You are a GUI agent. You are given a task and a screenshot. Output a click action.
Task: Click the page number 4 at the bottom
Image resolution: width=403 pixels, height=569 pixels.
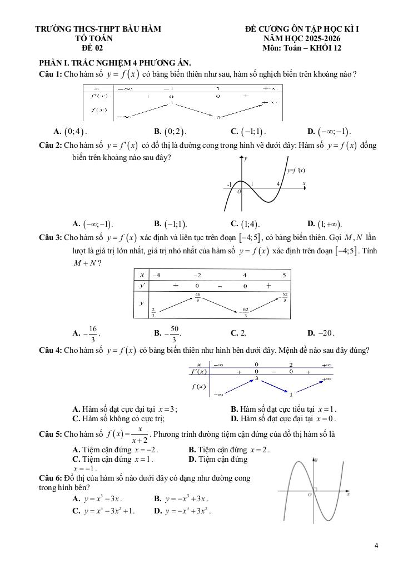pos(376,545)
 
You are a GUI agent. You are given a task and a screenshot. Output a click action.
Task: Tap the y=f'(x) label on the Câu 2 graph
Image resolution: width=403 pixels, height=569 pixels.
pos(296,171)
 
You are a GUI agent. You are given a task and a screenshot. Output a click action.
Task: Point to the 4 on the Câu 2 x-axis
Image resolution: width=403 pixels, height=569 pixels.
pos(277,183)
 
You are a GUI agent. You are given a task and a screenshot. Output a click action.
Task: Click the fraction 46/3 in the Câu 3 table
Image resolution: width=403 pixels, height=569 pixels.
pos(197,297)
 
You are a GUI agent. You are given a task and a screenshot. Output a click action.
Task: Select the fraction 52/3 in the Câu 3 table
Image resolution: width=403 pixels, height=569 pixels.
pos(285,297)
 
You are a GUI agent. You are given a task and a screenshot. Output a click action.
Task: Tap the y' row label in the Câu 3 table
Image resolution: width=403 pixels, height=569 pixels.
pos(142,286)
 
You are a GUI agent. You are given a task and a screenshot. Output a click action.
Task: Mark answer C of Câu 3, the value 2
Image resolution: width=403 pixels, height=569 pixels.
pos(239,333)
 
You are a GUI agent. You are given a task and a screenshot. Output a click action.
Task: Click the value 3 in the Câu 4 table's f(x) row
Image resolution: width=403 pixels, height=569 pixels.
pos(257,378)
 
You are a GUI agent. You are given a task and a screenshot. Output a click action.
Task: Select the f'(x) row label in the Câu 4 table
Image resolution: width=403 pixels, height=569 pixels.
pos(199,371)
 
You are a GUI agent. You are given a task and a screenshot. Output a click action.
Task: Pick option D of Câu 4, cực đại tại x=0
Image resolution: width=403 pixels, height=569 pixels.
pos(283,418)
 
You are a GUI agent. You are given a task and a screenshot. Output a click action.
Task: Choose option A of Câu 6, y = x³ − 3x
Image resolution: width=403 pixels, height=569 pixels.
pos(98,499)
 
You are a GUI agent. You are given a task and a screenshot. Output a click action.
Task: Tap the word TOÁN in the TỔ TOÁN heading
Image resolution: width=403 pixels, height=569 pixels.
pos(102,38)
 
